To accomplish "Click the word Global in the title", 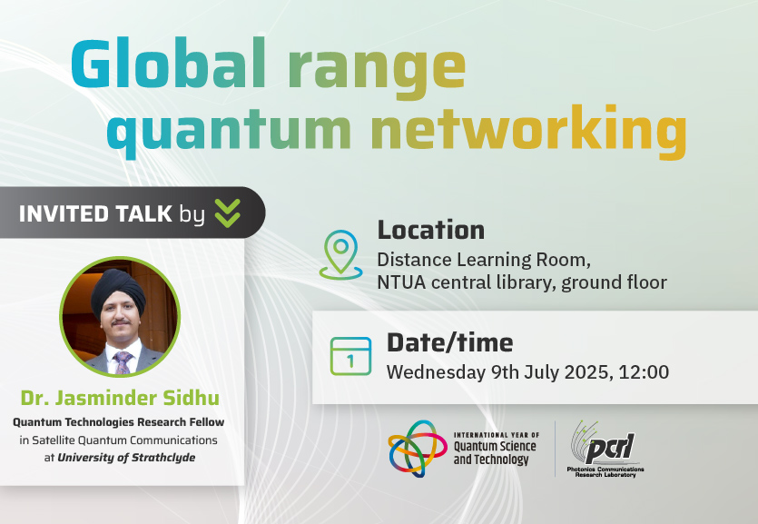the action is coord(169,64).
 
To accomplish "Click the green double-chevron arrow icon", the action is coord(227,213).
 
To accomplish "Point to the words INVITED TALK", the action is coord(95,213).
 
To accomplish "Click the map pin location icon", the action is coord(340,255).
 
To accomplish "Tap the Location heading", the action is coord(430,230).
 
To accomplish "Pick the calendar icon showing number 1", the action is coord(351,356).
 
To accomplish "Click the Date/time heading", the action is coord(449,342).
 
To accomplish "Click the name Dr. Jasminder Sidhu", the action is coord(120,398).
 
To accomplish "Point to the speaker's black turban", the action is coord(117,290).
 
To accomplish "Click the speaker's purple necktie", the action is coord(123,361).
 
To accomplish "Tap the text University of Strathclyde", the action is coord(126,458).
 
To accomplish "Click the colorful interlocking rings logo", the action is coord(418,448).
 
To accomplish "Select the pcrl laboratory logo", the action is coord(605,449).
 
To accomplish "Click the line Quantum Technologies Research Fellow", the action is coord(118,422).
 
